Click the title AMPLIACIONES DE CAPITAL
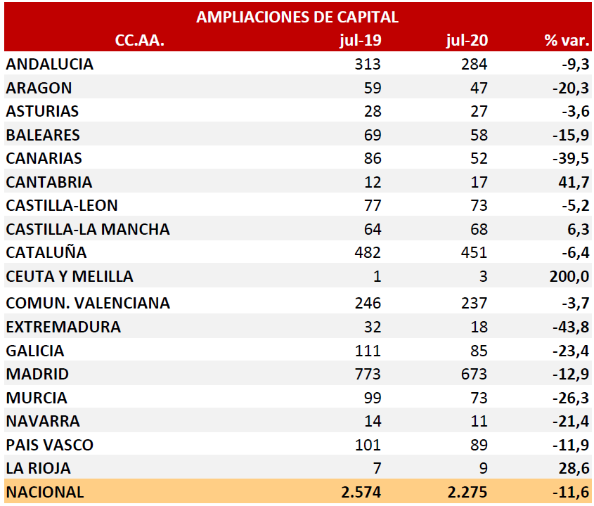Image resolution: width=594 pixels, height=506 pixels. [x=297, y=17]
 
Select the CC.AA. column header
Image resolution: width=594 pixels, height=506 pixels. [x=139, y=40]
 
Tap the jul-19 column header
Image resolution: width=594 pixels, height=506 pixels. [x=360, y=40]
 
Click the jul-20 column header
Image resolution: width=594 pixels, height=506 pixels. [x=467, y=40]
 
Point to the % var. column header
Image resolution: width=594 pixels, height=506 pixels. [x=567, y=40]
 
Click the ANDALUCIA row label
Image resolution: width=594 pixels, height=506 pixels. [x=50, y=64]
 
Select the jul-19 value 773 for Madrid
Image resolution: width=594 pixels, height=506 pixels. [x=368, y=374]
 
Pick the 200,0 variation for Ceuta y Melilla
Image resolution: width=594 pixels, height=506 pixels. [x=569, y=276]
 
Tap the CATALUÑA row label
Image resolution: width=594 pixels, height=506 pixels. [x=46, y=252]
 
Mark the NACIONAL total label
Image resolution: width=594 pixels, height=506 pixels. [x=45, y=492]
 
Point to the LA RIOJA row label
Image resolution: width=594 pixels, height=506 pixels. [x=39, y=468]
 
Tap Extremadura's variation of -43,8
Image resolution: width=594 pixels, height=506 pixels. [x=571, y=327]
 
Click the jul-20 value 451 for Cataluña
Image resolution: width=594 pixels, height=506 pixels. [x=474, y=252]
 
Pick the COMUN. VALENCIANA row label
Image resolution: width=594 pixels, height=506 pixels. [x=88, y=303]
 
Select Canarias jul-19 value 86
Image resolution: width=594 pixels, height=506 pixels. [x=372, y=158]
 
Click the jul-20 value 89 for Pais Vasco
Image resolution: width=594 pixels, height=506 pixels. [x=477, y=445]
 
